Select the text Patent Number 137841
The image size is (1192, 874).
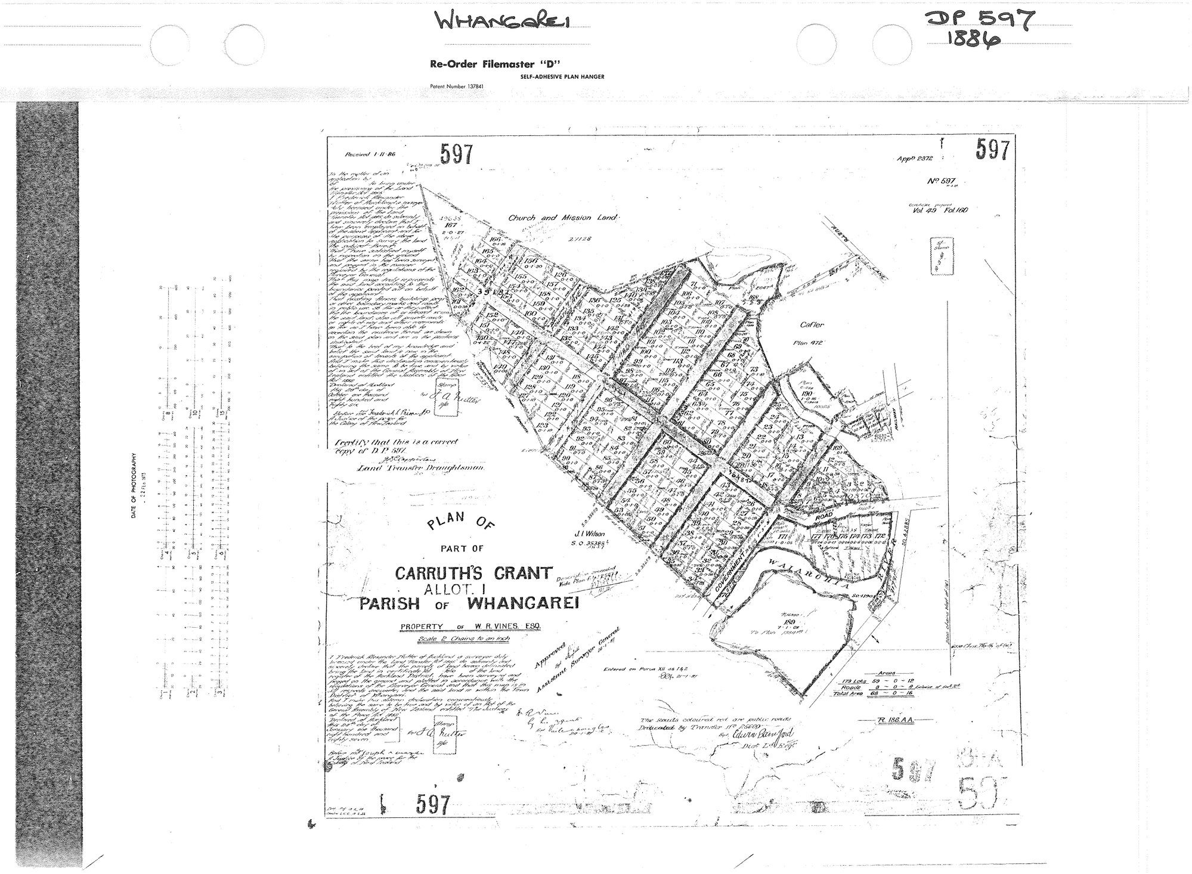coord(456,86)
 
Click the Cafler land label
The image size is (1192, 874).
coord(812,325)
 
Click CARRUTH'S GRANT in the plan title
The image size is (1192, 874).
coord(473,574)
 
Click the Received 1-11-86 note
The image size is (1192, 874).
coord(370,154)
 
